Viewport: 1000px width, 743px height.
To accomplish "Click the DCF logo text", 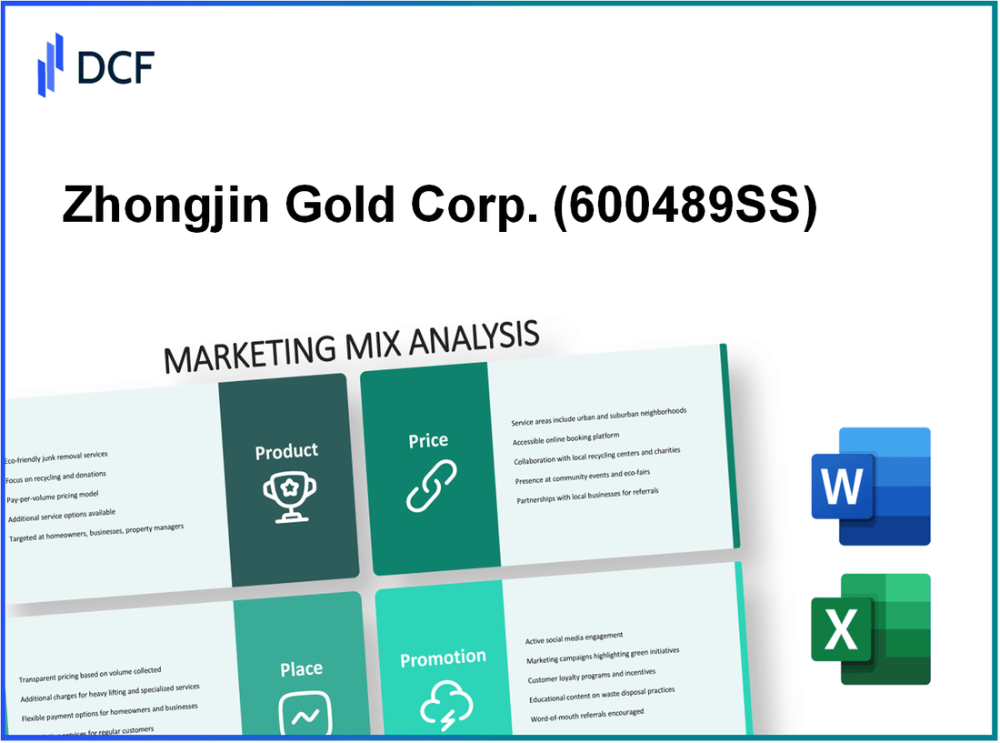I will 116,66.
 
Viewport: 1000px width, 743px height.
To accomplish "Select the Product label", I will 286,451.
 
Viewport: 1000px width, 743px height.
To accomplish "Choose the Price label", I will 428,440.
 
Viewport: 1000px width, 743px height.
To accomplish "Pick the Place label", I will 301,669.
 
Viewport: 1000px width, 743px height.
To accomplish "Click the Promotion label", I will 444,658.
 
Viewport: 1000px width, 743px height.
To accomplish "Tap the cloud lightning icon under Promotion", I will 445,704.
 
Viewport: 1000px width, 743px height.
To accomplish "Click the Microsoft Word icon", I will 870,487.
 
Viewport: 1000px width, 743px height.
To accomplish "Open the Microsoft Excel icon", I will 870,628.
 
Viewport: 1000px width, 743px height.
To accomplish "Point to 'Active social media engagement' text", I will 574,638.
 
